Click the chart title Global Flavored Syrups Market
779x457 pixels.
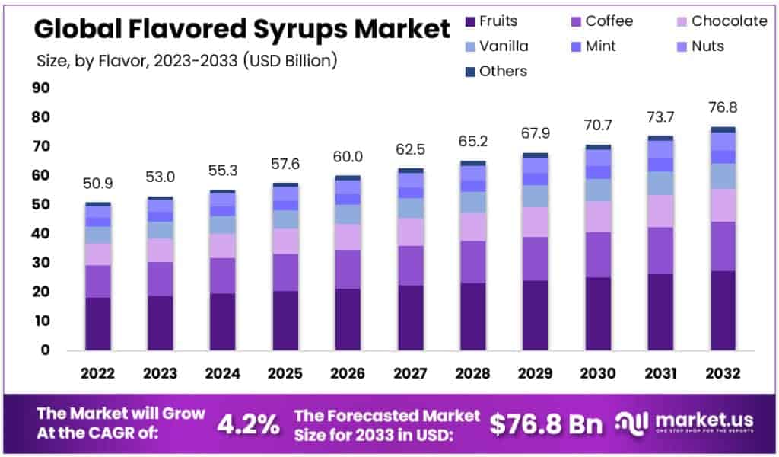tap(242, 30)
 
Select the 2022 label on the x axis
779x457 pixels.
tap(98, 374)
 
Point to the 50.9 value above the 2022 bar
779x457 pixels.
tap(98, 184)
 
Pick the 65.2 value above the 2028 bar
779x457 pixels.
tap(473, 142)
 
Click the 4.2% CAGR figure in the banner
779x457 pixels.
tap(249, 424)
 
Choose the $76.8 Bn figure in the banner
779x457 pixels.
tap(546, 424)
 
